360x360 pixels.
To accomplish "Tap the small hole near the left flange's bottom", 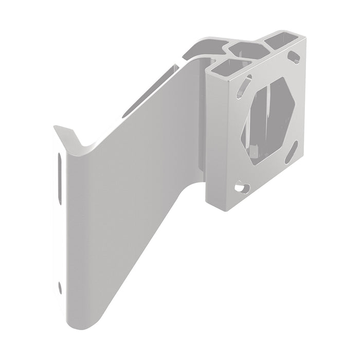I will (60, 285).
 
